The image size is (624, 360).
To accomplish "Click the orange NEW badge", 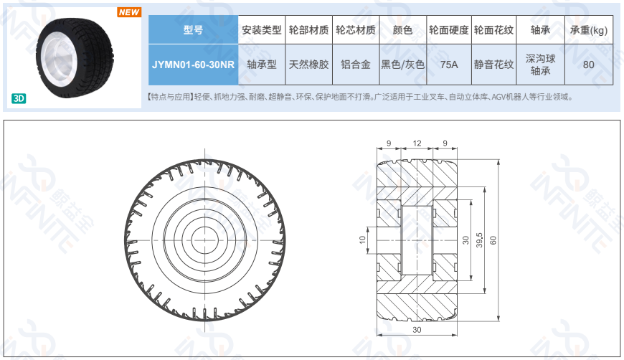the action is pos(129,12).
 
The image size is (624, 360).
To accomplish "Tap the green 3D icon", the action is pos(19,98).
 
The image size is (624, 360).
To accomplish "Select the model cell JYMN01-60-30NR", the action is pos(193,65).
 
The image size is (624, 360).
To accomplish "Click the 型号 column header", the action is pos(193,30).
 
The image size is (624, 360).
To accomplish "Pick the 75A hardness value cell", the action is pos(449,65).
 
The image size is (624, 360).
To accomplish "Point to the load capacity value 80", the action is pos(589,65).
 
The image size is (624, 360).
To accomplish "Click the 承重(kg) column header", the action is pos(589,30).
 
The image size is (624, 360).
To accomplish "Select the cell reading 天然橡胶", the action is pos(309,65).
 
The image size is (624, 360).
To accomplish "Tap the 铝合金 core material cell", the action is pos(356,65).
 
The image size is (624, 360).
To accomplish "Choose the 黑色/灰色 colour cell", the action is pos(403,65).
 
